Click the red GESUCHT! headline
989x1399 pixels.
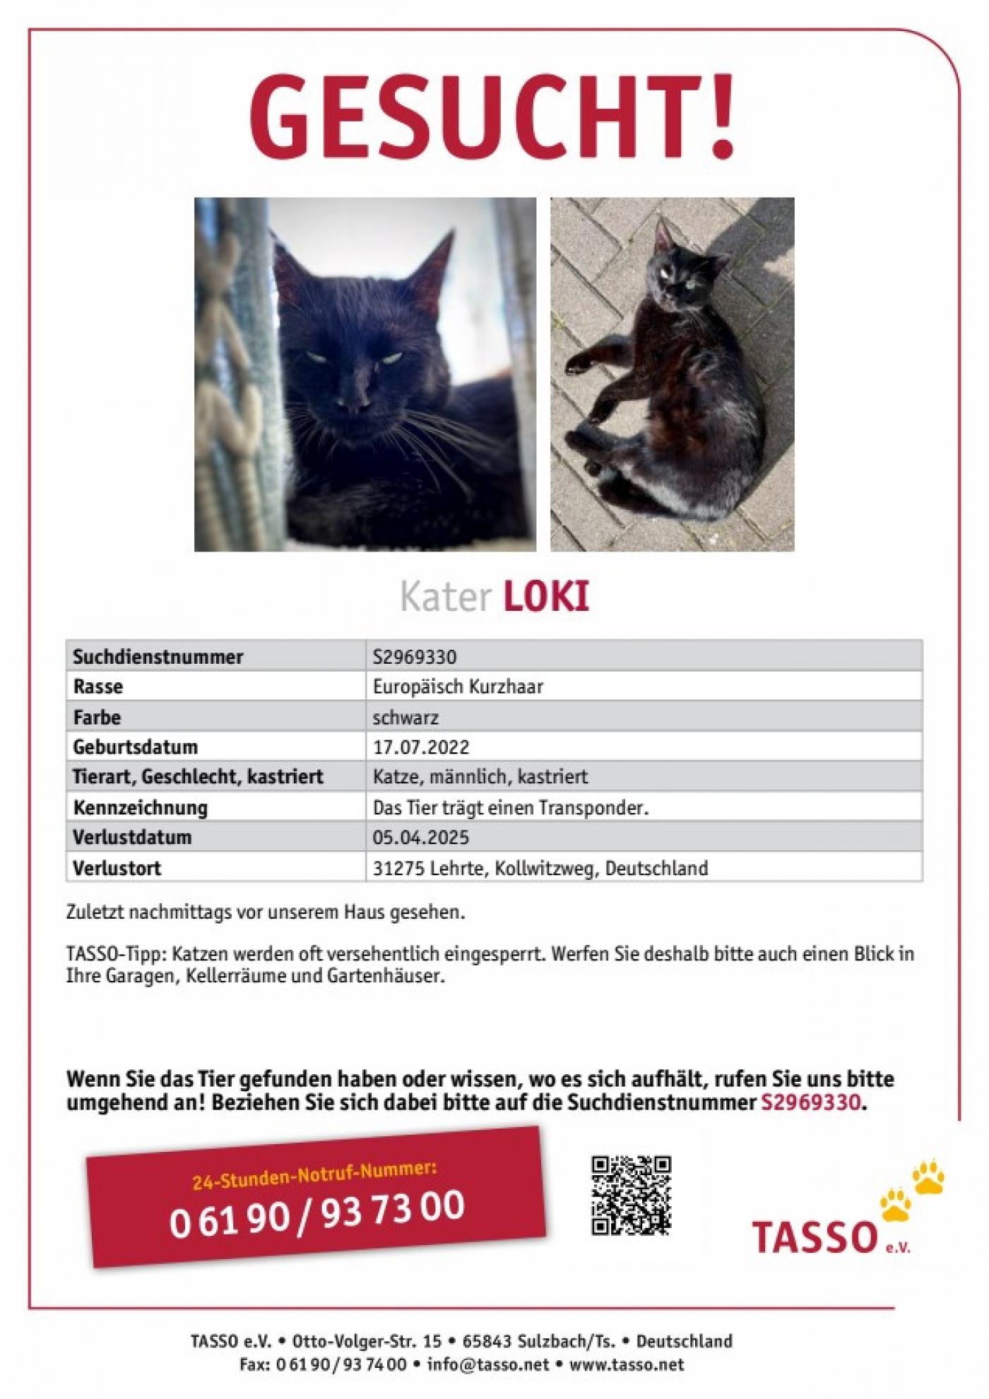click(492, 117)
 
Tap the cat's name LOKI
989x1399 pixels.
click(546, 597)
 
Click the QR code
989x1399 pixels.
click(631, 1195)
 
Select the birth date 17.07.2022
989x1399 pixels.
click(421, 747)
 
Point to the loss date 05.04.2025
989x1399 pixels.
click(421, 838)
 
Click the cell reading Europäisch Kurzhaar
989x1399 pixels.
click(458, 686)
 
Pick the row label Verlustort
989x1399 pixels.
click(117, 868)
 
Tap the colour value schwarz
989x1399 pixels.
click(405, 718)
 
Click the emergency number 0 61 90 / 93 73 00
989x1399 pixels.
click(316, 1213)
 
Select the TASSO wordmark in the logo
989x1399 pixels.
click(814, 1237)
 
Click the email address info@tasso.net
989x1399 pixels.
click(488, 1364)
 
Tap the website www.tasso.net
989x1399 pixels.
click(627, 1364)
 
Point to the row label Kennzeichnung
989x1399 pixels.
click(140, 807)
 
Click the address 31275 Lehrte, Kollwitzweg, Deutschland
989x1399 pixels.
click(540, 868)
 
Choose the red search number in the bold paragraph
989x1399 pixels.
click(811, 1102)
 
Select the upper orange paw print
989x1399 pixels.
click(928, 1177)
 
